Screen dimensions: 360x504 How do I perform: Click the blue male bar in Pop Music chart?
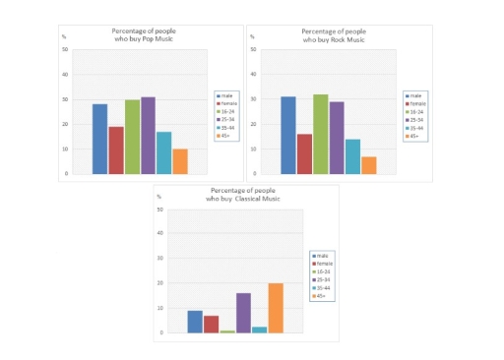pos(99,139)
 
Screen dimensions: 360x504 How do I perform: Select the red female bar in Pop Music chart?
pos(116,150)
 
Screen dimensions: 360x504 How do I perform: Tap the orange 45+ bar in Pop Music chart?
pos(179,161)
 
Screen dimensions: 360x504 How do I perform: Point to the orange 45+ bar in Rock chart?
pos(368,165)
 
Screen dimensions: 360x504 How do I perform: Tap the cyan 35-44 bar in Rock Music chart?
pos(352,156)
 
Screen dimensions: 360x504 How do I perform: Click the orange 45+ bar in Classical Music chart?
pos(276,308)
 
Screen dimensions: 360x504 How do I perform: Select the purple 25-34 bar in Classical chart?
pos(243,313)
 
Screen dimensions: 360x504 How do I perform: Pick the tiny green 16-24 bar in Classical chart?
pos(227,331)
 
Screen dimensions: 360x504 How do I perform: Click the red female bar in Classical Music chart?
pos(211,324)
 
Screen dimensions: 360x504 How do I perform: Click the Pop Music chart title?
pos(147,36)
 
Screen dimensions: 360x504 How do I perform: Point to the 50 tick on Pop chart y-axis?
pos(65,49)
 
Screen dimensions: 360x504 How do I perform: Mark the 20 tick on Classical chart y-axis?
pos(159,283)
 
